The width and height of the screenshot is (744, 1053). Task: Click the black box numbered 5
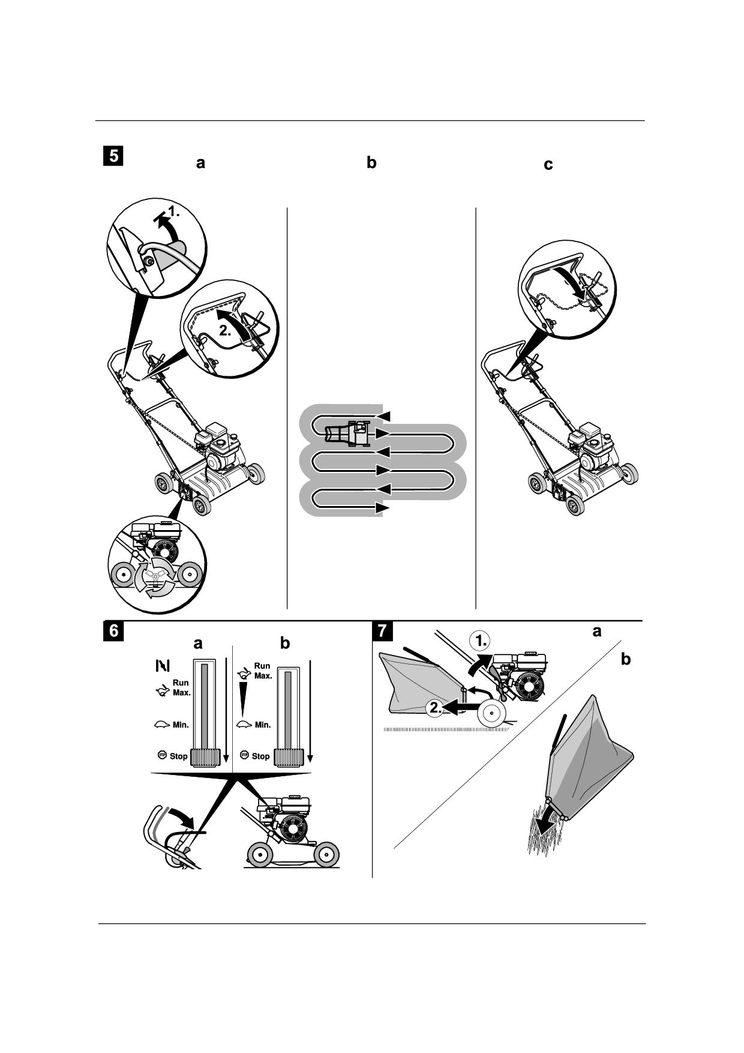113,155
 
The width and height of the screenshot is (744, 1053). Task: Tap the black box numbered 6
113,631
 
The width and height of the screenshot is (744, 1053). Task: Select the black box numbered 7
383,631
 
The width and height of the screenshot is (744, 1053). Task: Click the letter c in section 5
548,164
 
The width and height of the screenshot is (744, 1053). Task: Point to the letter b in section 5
371,163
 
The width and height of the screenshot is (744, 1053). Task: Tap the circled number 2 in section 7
436,708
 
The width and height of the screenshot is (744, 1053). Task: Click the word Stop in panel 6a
178,756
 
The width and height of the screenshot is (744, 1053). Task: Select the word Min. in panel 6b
263,725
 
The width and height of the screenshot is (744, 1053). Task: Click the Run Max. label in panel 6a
181,687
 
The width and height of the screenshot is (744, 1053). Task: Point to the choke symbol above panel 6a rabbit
163,665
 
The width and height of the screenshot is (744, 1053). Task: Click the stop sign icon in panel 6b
244,755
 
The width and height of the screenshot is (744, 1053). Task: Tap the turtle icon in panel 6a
162,725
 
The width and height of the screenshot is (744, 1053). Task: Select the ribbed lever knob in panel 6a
206,758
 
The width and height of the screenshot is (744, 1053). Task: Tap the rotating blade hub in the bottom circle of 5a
155,576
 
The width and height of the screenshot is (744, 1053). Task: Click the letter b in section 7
626,660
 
